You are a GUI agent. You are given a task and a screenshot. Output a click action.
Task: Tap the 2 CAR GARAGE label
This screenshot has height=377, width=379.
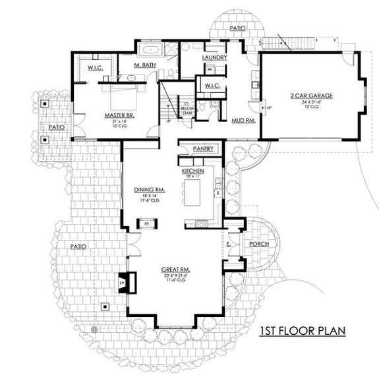click(309, 96)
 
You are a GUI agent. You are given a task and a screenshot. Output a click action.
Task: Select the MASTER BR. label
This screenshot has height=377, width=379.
click(119, 115)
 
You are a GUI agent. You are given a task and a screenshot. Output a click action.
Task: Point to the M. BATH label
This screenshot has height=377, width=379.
click(144, 66)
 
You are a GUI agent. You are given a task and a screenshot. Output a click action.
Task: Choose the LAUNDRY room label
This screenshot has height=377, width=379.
click(215, 58)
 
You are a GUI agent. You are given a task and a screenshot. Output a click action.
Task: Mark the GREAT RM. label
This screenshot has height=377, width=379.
click(176, 270)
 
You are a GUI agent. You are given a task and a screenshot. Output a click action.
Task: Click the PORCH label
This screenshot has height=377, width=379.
click(257, 243)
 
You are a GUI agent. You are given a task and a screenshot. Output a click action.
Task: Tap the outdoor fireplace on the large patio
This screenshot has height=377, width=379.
click(125, 282)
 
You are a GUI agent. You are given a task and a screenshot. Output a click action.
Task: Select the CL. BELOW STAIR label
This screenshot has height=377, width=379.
click(187, 108)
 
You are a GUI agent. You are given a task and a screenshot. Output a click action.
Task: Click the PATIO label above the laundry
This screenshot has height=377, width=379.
click(237, 29)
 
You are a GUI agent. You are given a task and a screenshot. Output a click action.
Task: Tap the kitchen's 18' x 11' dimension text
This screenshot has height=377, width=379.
click(193, 177)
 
